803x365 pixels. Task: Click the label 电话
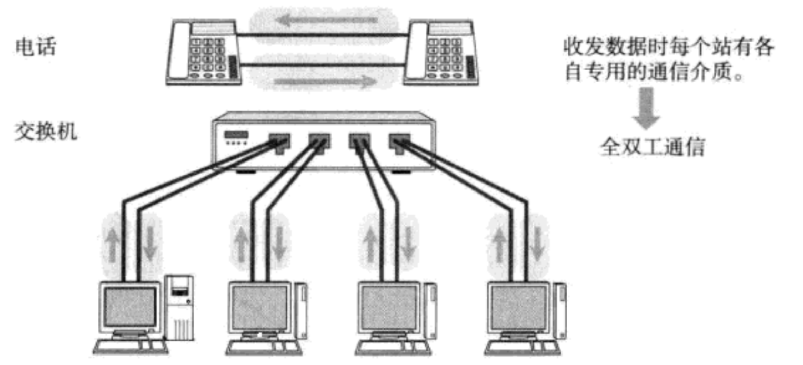point(35,48)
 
